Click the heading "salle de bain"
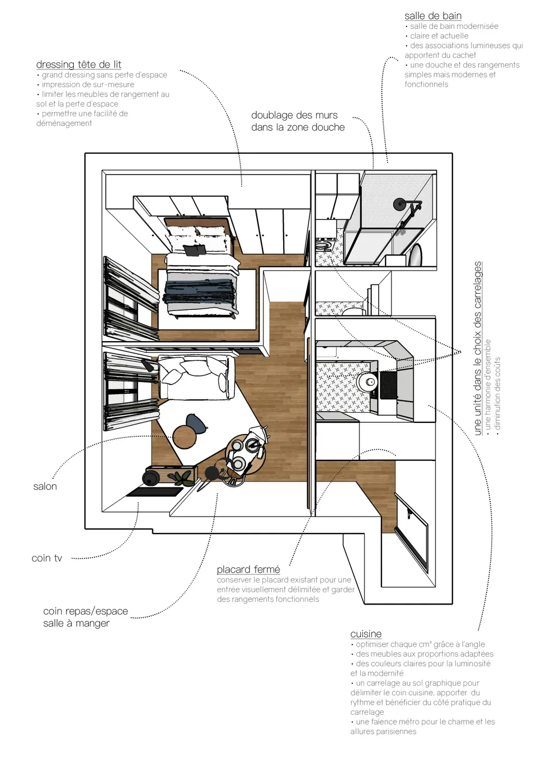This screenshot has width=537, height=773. [x=432, y=16]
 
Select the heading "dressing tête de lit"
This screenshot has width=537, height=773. [x=78, y=64]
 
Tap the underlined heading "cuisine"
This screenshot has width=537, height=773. [x=366, y=634]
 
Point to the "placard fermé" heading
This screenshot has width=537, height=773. [x=248, y=569]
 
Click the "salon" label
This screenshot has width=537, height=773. [x=45, y=486]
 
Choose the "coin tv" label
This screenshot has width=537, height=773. [x=46, y=558]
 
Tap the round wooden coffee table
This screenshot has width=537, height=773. [x=184, y=436]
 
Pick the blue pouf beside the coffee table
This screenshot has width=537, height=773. [x=197, y=423]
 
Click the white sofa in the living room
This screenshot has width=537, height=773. [x=195, y=378]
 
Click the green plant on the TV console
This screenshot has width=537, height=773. [x=182, y=477]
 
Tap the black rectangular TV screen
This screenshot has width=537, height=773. [x=154, y=493]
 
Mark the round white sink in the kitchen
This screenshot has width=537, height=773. [x=369, y=383]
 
